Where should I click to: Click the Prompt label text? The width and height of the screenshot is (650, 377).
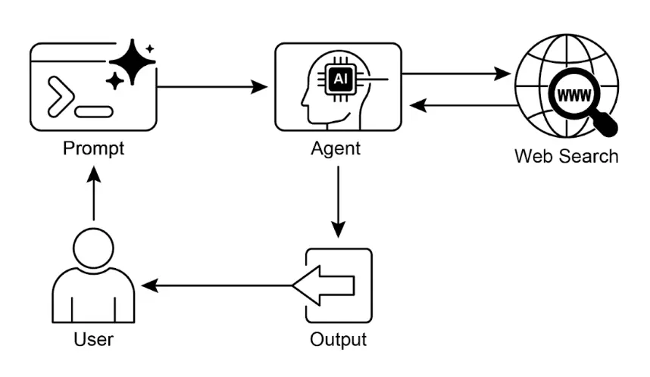pyautogui.click(x=92, y=148)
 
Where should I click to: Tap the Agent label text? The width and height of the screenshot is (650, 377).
pyautogui.click(x=336, y=148)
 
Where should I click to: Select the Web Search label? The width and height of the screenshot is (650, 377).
pyautogui.click(x=566, y=157)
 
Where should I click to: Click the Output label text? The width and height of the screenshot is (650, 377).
pyautogui.click(x=338, y=338)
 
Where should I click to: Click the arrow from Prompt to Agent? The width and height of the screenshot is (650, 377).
pyautogui.click(x=212, y=87)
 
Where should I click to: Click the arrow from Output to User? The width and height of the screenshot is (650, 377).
pyautogui.click(x=220, y=285)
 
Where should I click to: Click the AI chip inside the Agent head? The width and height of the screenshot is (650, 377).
pyautogui.click(x=338, y=78)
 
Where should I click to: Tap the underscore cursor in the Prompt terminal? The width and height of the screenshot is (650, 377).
pyautogui.click(x=95, y=112)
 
